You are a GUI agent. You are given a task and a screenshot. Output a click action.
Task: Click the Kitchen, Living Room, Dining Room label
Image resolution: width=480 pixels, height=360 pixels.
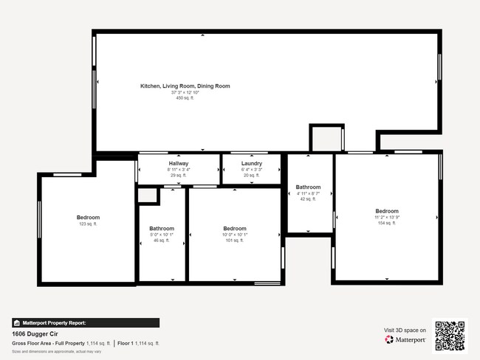click(x=185, y=86)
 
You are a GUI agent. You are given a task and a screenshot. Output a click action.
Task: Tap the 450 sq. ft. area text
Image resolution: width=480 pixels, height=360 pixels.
click(x=185, y=98)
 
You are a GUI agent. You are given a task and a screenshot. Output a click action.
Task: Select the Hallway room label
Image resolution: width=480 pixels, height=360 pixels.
click(x=179, y=163)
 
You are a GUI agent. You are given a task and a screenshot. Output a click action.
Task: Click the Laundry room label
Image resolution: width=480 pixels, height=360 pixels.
click(x=252, y=163)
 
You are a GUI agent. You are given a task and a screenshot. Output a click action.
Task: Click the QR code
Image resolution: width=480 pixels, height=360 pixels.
click(x=450, y=335)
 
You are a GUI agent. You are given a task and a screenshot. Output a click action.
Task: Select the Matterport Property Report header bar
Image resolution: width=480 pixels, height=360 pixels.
click(x=85, y=322)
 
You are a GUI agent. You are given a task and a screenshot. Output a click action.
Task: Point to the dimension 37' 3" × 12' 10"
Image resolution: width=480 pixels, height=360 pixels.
click(x=185, y=92)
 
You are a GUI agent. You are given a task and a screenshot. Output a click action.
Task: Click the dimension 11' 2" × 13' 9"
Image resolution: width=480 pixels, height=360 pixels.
click(x=386, y=217)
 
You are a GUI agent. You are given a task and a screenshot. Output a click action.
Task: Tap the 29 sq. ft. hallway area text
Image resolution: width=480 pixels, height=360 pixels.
click(x=179, y=175)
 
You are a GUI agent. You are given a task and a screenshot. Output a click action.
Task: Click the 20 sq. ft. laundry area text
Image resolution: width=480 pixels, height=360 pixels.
click(x=252, y=175)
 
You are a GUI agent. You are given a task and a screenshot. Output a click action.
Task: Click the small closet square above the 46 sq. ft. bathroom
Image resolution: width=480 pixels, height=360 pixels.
click(x=148, y=195)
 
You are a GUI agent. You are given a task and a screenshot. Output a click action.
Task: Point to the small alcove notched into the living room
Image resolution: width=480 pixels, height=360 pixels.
click(x=326, y=139)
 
